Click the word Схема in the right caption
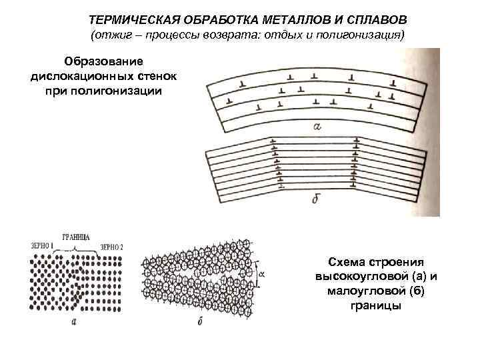point(351,263)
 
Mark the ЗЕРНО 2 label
point(112,247)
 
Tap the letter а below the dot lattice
point(74,323)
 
